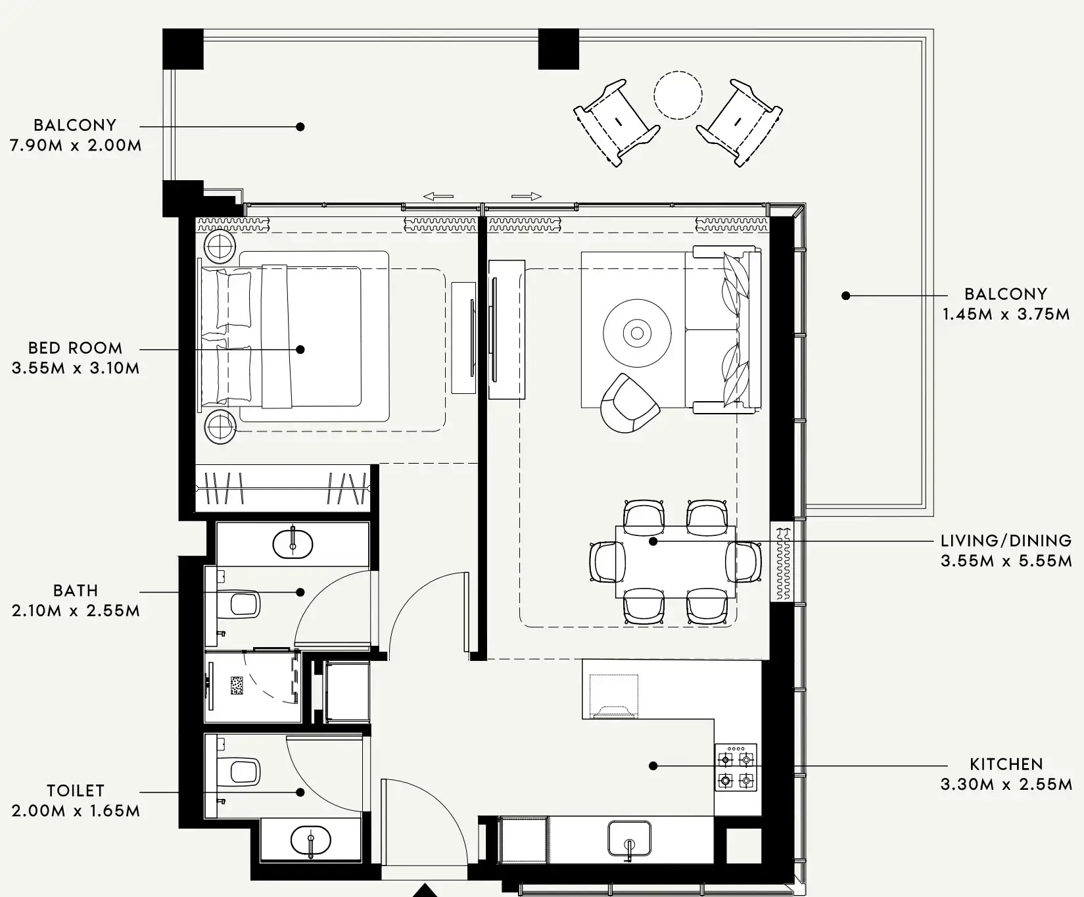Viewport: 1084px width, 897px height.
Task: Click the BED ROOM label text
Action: (75, 348)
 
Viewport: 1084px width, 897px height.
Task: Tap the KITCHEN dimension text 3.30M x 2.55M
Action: (1006, 784)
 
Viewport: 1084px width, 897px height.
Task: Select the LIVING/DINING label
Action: (1006, 541)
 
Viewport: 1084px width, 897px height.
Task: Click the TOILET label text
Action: (76, 790)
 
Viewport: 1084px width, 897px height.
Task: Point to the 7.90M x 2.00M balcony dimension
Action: (76, 145)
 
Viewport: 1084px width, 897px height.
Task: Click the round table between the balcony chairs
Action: (678, 95)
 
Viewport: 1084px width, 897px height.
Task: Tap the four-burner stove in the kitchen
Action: (736, 768)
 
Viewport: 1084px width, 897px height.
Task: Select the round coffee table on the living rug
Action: (637, 333)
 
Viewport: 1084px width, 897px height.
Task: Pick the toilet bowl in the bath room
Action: (241, 604)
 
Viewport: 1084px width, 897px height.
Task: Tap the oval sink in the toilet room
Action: (310, 840)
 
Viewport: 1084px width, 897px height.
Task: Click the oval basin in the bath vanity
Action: (293, 543)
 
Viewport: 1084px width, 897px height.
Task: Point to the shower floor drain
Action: (237, 685)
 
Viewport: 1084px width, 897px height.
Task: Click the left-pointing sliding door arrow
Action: (438, 196)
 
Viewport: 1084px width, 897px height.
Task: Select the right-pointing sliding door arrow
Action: (526, 196)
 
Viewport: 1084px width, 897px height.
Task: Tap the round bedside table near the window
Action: (220, 247)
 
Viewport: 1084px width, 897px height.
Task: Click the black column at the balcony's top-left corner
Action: (183, 49)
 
